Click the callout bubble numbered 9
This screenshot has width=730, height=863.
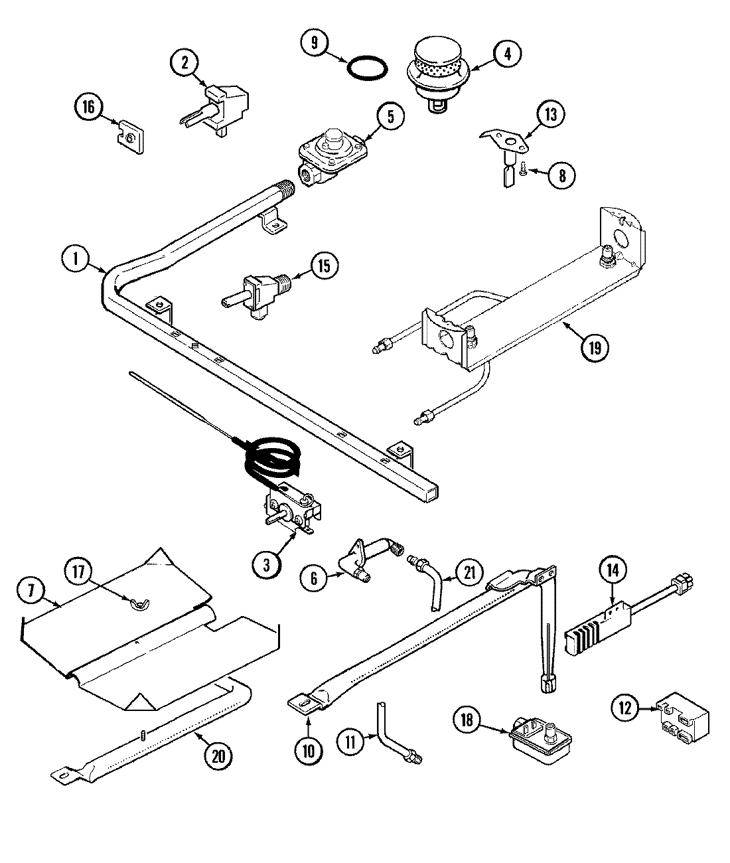click(315, 43)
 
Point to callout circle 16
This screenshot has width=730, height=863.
click(89, 108)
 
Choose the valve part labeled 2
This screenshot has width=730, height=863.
click(222, 103)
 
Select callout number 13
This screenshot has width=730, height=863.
click(550, 114)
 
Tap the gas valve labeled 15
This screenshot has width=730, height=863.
click(256, 297)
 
